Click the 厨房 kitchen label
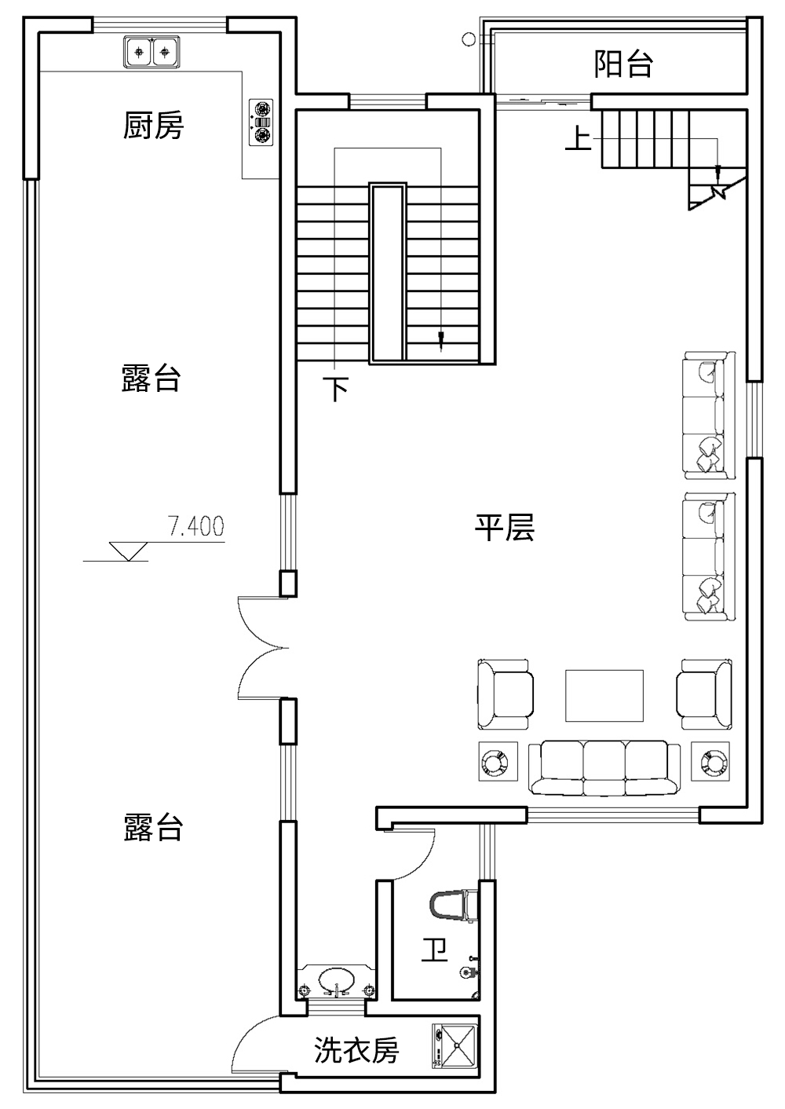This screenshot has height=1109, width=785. pos(153,125)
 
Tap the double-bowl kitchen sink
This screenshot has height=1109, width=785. pos(152,52)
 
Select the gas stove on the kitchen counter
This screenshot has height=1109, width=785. pos(261,122)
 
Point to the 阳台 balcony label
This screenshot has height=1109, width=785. pos(623,64)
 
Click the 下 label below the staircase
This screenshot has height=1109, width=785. pos(336,389)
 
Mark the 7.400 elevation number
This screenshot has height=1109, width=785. pos(196,526)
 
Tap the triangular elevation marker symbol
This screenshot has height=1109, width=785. pos(128,551)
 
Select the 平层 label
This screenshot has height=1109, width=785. pos(504,528)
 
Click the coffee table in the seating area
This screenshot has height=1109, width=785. pos(604,696)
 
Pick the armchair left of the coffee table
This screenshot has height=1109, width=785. pos(506,694)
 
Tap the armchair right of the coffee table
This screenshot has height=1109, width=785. pos(704,694)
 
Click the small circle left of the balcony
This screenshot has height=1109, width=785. pos(468,38)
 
